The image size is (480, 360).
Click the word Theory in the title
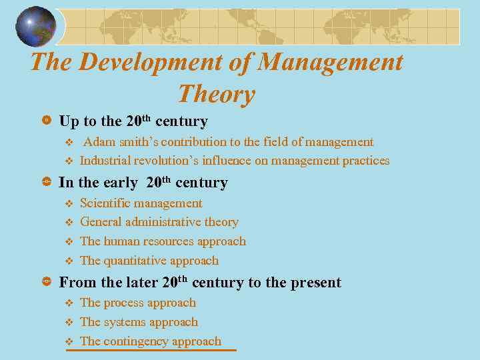click(x=217, y=94)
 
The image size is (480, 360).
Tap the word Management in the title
click(x=331, y=62)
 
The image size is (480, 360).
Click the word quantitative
click(x=139, y=261)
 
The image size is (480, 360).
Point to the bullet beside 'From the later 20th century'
click(x=47, y=283)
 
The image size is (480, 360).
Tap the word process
click(x=125, y=303)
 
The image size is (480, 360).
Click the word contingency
click(x=137, y=341)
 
